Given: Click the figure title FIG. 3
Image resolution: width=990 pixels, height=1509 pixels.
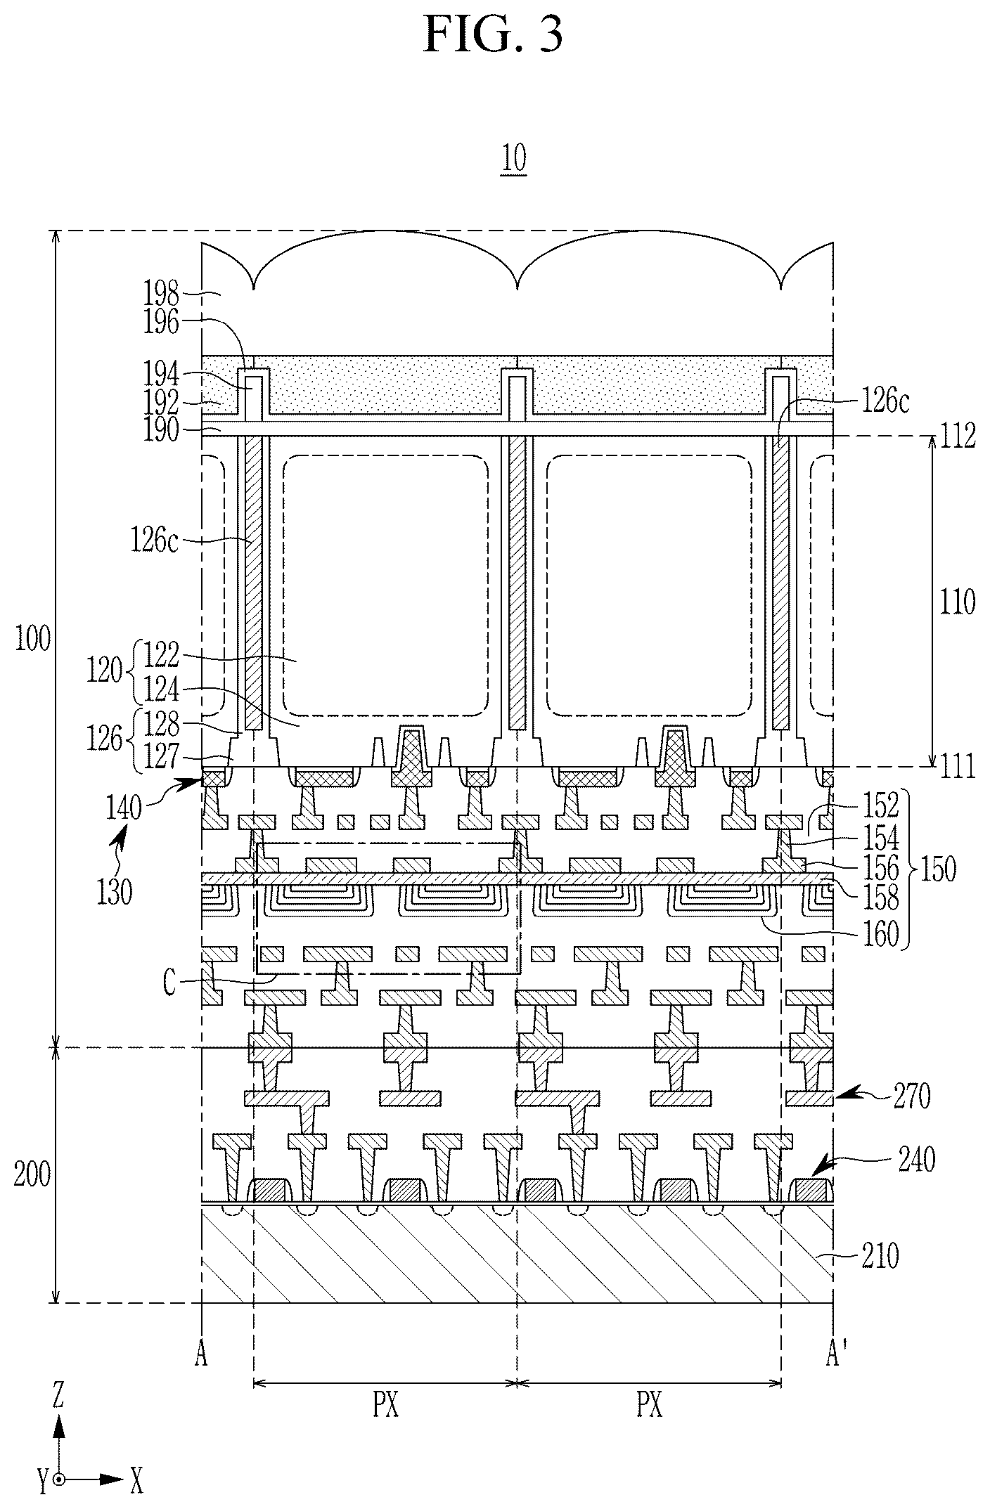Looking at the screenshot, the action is pyautogui.click(x=494, y=35).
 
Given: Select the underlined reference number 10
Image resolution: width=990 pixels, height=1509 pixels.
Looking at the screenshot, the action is pyautogui.click(x=513, y=160).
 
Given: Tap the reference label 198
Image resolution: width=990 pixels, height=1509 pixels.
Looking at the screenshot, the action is pyautogui.click(x=162, y=290).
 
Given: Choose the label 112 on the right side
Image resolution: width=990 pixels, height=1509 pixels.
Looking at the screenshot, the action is pyautogui.click(x=958, y=437).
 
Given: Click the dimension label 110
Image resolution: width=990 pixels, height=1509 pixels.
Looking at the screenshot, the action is pyautogui.click(x=958, y=602).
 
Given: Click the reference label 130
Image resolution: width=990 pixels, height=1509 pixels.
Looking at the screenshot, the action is pyautogui.click(x=115, y=893).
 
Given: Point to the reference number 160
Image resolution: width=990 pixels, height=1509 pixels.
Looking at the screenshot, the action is pyautogui.click(x=881, y=934).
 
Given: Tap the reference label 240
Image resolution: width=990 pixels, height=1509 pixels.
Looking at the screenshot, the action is pyautogui.click(x=916, y=1160).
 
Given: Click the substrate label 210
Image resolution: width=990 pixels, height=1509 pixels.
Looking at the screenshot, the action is pyautogui.click(x=880, y=1257).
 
